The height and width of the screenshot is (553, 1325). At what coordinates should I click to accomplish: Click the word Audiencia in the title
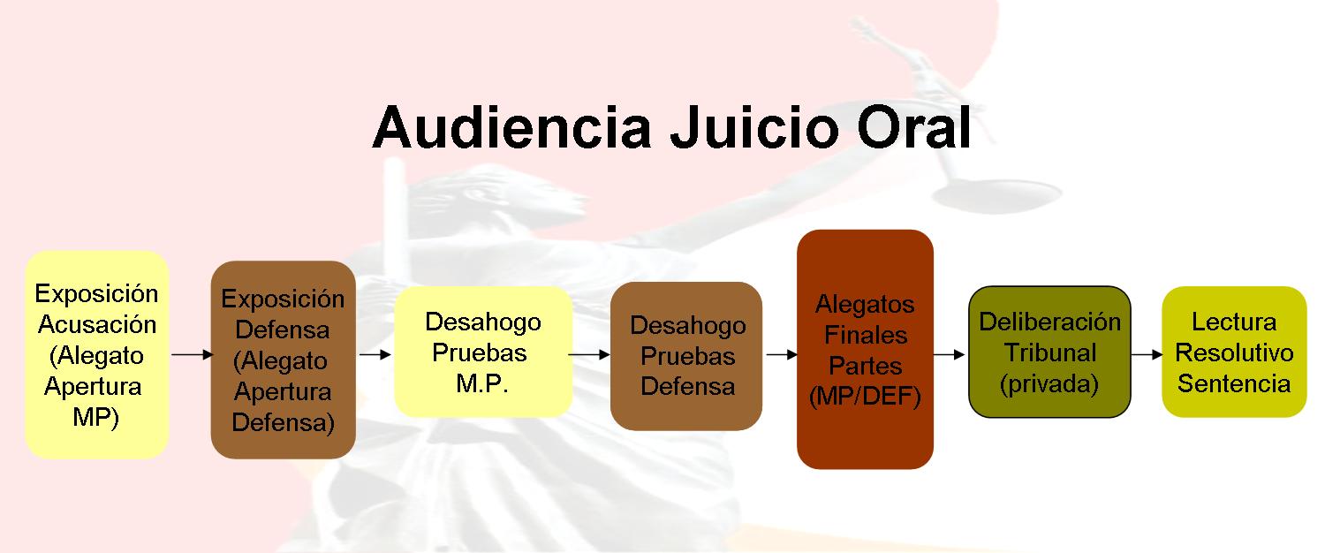(x=512, y=128)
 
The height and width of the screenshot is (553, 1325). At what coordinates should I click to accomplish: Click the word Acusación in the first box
(x=97, y=325)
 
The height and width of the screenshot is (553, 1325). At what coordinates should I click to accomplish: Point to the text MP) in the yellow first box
(x=95, y=418)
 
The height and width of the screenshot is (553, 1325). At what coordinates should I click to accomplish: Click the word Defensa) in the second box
(x=284, y=423)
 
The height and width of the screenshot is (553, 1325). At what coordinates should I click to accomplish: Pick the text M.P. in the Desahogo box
(x=482, y=384)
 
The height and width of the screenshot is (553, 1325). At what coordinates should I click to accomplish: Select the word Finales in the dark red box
(x=866, y=336)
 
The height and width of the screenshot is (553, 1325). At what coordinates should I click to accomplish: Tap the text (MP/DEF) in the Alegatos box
(x=865, y=397)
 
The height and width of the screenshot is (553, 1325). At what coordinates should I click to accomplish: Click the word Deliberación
(x=1050, y=322)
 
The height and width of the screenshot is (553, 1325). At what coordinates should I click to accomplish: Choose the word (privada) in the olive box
(x=1049, y=384)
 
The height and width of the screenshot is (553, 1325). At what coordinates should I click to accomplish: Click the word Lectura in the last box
(x=1234, y=322)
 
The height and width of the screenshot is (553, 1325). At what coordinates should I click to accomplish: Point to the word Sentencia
(x=1234, y=384)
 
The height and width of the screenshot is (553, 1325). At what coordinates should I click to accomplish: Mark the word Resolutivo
(x=1234, y=353)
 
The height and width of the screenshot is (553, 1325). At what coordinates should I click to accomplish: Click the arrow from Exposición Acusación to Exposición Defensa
(x=192, y=354)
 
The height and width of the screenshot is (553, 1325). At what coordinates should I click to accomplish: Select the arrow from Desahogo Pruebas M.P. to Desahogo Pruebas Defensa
(x=588, y=354)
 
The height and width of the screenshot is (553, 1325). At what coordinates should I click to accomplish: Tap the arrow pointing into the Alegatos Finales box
(x=782, y=354)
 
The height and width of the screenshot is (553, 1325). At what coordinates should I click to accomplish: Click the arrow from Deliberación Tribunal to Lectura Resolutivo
(x=1147, y=354)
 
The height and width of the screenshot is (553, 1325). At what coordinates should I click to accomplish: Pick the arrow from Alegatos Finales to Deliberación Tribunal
(x=949, y=354)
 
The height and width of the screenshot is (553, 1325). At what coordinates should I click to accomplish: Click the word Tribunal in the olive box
(x=1050, y=353)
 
